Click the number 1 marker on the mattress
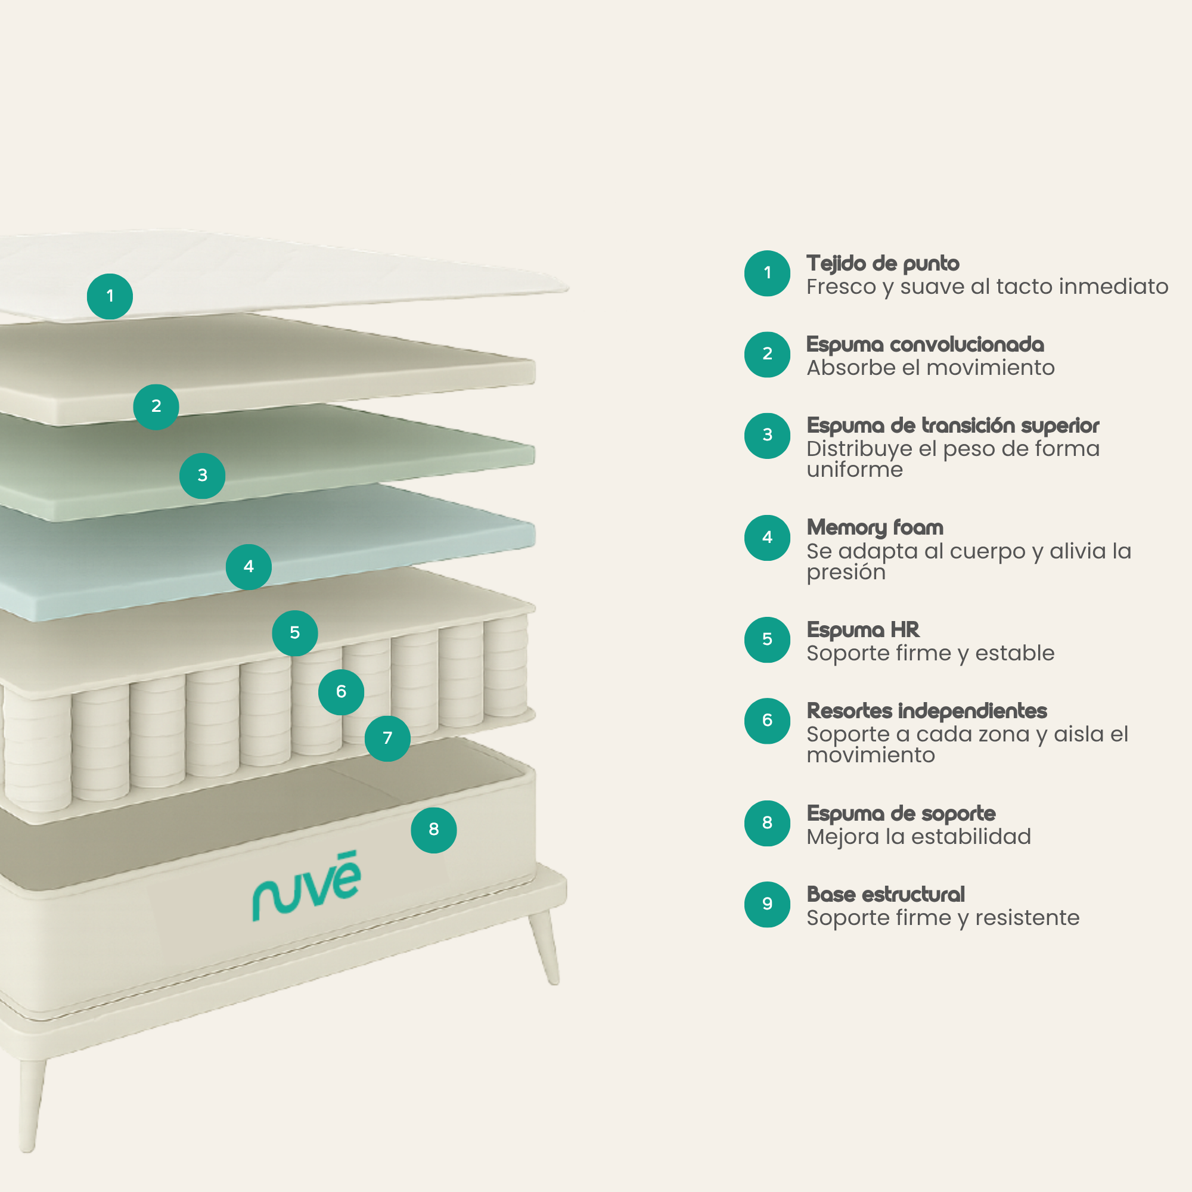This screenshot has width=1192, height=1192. click(x=110, y=296)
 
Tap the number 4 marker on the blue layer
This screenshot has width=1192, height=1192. click(x=249, y=566)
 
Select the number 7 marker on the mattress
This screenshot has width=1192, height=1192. click(x=387, y=738)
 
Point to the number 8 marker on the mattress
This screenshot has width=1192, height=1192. click(x=434, y=830)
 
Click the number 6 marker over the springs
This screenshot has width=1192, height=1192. click(x=341, y=691)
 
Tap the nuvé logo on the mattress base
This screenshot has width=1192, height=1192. click(x=306, y=886)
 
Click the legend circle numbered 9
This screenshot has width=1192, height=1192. click(x=767, y=905)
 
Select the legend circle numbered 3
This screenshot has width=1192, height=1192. click(x=767, y=436)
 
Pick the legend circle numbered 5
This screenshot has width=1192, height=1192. click(x=767, y=640)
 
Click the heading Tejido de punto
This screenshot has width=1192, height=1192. click(x=883, y=263)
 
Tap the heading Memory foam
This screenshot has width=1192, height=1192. click(x=875, y=527)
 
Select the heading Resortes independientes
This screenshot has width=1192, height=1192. click(x=927, y=711)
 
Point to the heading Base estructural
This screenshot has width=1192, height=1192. click(x=886, y=894)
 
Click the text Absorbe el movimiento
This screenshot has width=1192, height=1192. click(x=930, y=368)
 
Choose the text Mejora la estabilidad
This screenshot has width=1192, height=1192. click(x=918, y=837)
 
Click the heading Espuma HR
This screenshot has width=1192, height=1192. click(x=863, y=630)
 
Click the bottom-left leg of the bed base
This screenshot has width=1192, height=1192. click(x=31, y=1104)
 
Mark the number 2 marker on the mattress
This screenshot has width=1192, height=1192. click(x=156, y=406)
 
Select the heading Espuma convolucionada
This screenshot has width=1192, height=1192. click(x=926, y=344)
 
